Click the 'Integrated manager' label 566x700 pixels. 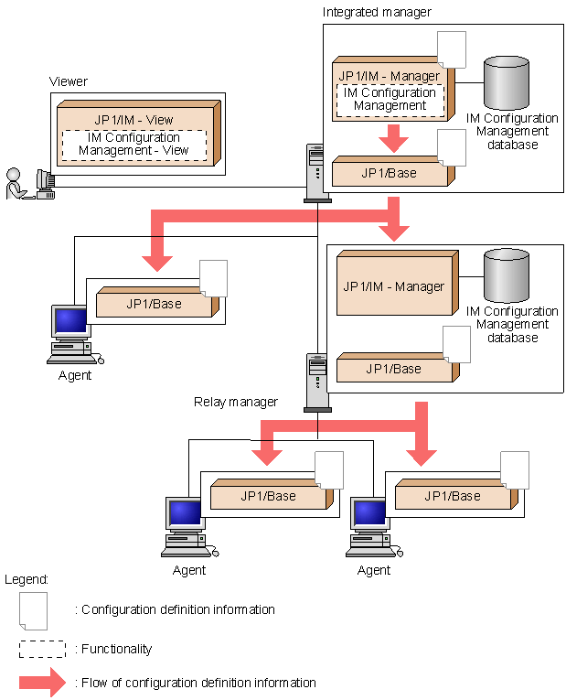377,12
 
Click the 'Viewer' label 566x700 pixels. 68,81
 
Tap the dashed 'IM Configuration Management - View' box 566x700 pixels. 133,144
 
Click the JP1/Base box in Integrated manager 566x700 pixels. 390,172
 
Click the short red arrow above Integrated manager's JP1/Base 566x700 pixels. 394,139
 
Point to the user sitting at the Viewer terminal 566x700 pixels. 16,184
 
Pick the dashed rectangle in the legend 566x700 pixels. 42,649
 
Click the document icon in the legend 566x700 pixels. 34,610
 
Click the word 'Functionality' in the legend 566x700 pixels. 117,649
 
